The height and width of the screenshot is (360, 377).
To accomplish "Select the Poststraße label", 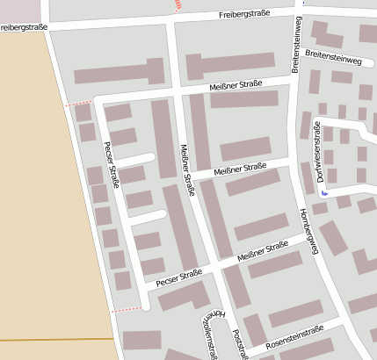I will coord(237,344).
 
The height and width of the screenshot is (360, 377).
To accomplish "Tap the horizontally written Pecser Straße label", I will coord(178,277).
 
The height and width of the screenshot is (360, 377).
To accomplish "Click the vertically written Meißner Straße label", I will coord(185,169).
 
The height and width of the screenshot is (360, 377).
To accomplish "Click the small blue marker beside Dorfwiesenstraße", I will coord(324,192).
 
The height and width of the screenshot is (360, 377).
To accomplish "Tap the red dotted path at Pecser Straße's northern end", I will coord(77,103).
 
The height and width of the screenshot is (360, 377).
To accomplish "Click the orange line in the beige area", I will coord(53,338).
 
